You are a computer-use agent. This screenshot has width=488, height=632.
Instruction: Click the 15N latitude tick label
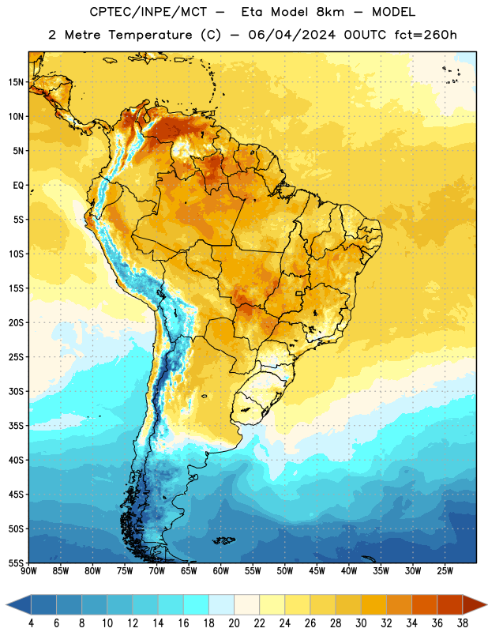(16, 82)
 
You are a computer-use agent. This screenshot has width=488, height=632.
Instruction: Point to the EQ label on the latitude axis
(18, 186)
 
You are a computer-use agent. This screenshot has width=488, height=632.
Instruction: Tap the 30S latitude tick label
(16, 391)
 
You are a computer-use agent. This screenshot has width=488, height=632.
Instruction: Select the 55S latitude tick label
(16, 562)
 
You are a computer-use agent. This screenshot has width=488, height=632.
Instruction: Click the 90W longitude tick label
(28, 571)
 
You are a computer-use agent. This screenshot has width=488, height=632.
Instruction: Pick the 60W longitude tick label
(221, 571)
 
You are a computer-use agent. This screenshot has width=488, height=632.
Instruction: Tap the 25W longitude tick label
(445, 571)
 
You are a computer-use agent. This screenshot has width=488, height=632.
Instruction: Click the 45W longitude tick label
(317, 571)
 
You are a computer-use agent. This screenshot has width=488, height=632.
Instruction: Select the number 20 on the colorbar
(234, 623)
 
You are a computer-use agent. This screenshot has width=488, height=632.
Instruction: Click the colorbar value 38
(462, 623)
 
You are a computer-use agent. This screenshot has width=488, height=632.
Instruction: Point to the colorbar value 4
(31, 623)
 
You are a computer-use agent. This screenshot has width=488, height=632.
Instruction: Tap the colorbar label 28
(336, 623)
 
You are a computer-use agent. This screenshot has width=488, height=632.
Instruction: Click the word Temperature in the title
(150, 35)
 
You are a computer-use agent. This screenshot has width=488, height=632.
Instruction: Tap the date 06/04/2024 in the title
(291, 35)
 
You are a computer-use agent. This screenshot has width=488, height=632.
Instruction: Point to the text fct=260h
(426, 35)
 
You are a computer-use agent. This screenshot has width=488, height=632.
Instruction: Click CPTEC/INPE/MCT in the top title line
(148, 12)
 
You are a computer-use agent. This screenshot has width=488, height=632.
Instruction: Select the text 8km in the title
(330, 12)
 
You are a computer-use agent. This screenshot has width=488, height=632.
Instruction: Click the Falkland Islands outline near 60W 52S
(223, 540)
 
